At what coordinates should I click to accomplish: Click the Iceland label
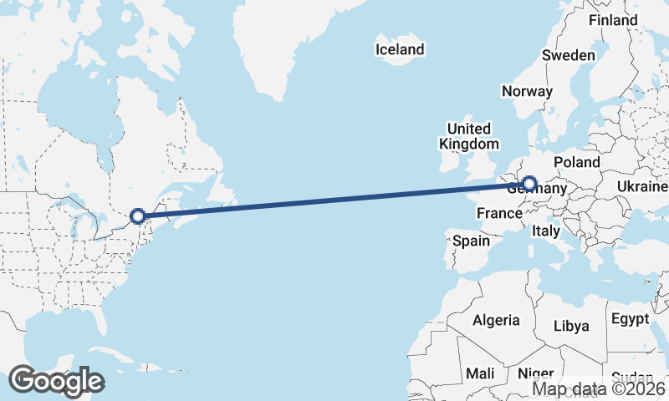coord(400,50)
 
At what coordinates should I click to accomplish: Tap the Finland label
coord(613,21)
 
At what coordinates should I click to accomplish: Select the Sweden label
coord(568,55)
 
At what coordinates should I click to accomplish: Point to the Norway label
coord(527,91)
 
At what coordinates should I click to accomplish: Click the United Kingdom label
coord(468,136)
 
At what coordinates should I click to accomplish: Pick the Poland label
coord(576,161)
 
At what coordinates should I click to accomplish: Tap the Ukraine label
coord(641,185)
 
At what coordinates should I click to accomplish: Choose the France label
coord(499,214)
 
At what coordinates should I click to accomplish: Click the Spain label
coord(471,241)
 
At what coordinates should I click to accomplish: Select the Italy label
coord(546,231)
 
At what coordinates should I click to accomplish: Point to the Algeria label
coord(496,320)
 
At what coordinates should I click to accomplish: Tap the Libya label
coord(572,326)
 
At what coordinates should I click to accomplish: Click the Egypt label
coord(630,319)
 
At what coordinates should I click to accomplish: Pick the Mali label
coord(481,373)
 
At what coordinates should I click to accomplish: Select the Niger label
coord(535,373)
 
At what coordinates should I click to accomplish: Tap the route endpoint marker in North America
coord(138,216)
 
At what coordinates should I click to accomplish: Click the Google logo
coord(56,381)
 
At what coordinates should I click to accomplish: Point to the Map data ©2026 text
coord(598,388)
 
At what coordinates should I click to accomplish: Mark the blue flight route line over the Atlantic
coord(334,200)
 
